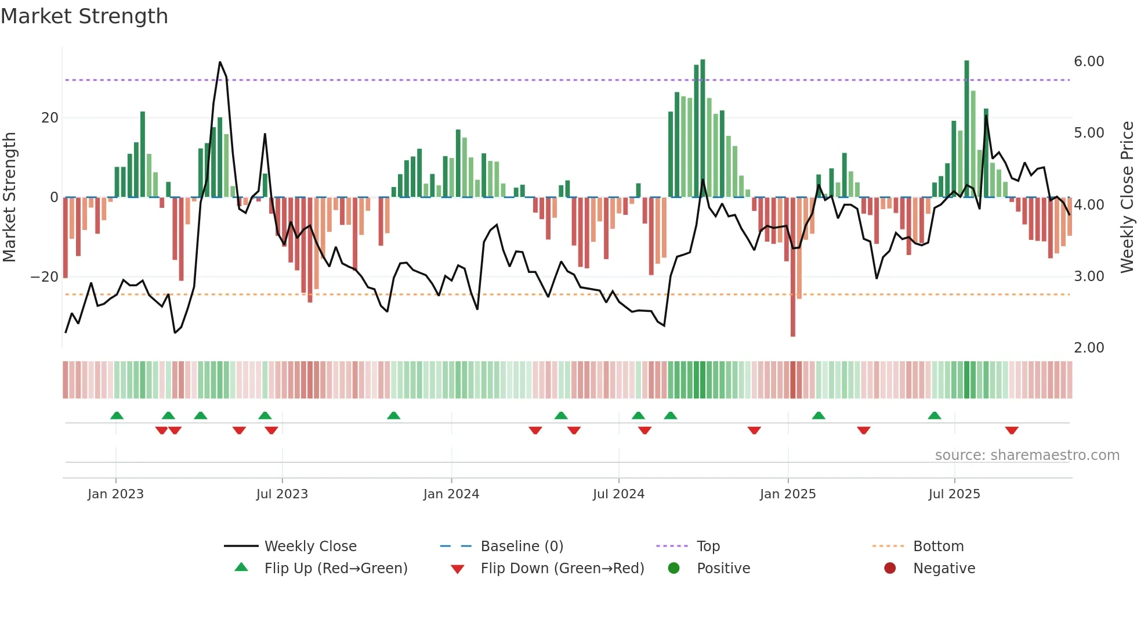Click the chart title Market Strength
click(x=84, y=16)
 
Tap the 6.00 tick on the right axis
click(x=1089, y=62)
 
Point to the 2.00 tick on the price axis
click(x=1089, y=348)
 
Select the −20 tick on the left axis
click(x=45, y=277)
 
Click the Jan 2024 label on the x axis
click(x=451, y=494)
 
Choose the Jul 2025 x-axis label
click(x=954, y=494)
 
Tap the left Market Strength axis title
click(x=9, y=197)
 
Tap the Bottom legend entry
click(x=938, y=546)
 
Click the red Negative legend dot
click(x=890, y=569)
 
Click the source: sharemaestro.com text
click(x=1027, y=455)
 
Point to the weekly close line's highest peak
click(x=220, y=63)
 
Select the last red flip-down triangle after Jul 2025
click(x=1012, y=430)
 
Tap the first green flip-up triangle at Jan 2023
click(x=117, y=415)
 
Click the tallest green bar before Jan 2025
click(x=703, y=128)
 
